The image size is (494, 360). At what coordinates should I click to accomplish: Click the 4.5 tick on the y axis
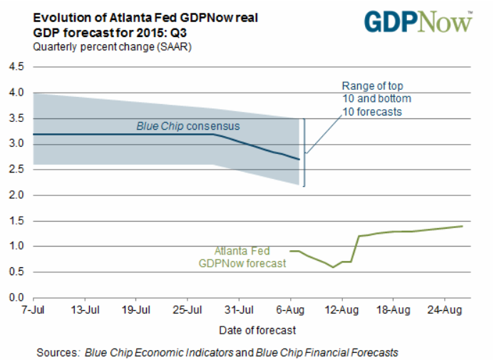tap(16, 67)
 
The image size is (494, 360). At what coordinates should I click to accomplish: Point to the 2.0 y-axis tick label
tap(16, 195)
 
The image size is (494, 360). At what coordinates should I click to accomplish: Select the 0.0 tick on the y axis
tap(16, 297)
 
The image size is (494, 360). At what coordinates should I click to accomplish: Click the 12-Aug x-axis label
tap(341, 310)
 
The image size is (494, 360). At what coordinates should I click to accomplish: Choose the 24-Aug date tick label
tap(445, 310)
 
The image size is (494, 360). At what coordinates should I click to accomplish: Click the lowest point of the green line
tap(333, 267)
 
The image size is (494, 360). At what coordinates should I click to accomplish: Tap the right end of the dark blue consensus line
tap(299, 160)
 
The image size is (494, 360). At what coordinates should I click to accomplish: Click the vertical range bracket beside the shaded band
tap(304, 152)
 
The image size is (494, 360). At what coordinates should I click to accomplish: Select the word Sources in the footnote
tap(58, 352)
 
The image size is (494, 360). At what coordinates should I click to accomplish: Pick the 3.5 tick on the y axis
tap(16, 118)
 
